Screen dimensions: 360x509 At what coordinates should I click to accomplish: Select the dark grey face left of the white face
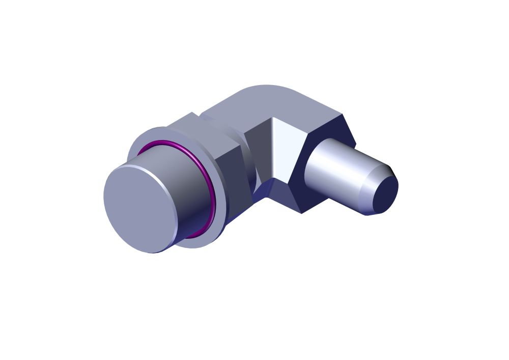tap(260, 148)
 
